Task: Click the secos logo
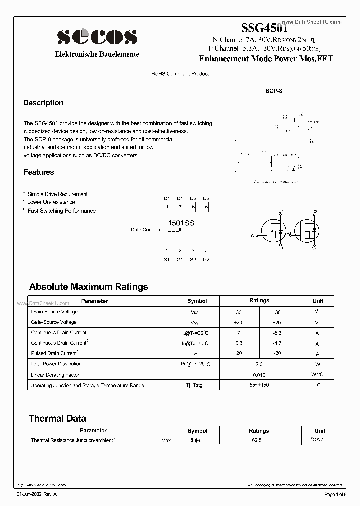pos(97,36)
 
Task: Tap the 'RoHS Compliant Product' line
pos(180,74)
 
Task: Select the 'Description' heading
pos(43,103)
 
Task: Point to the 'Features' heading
pos(39,172)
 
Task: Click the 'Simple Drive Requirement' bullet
pos(57,194)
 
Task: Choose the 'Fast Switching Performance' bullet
pos(61,211)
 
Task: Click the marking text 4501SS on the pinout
pos(181,223)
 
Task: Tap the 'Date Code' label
pos(143,230)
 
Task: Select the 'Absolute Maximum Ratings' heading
pos(88,287)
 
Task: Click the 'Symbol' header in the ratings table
pos(197,301)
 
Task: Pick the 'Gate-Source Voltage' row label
pos(54,322)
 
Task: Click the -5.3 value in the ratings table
pos(278,333)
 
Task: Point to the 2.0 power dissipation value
pos(259,365)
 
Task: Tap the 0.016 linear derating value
pos(259,375)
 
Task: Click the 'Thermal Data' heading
pos(57,419)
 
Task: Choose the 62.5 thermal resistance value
pos(259,440)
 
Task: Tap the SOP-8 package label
pos(274,92)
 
